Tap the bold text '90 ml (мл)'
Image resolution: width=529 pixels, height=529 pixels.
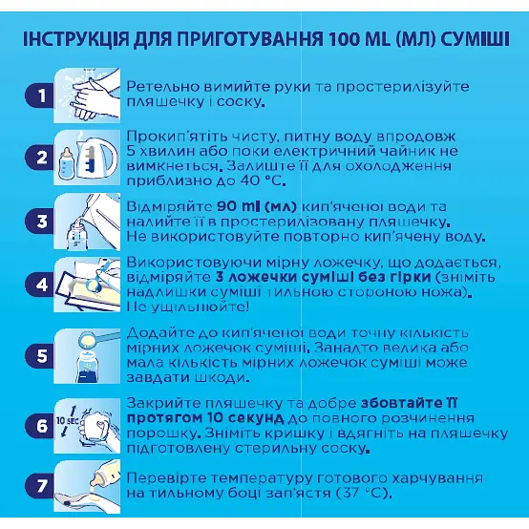tap(245, 206)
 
